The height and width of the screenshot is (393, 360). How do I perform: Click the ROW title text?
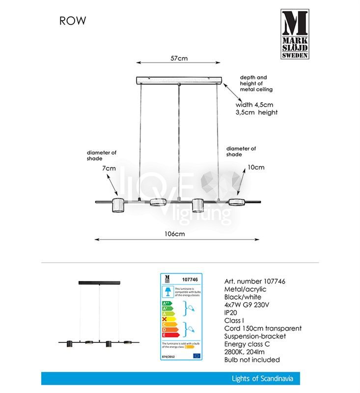tap(73, 21)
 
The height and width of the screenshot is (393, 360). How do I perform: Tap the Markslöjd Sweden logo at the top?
tap(295, 34)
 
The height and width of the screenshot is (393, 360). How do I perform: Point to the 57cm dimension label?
tap(179, 58)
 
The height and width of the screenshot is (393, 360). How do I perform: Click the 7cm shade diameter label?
tap(109, 168)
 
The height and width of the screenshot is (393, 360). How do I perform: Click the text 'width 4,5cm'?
tap(254, 105)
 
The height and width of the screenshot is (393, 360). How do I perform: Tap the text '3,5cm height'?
tap(256, 112)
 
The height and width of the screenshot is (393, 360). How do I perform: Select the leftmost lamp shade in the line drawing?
tap(118, 205)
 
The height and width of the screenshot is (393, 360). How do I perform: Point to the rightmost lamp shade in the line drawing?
tap(238, 201)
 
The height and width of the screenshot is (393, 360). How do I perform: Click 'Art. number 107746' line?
tap(254, 281)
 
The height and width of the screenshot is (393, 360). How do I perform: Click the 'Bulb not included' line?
tap(251, 360)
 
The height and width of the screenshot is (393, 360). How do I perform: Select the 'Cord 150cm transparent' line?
tap(262, 329)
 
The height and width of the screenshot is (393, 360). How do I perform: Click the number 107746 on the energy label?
tap(189, 280)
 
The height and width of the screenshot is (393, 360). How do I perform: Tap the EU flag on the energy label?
tap(197, 355)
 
